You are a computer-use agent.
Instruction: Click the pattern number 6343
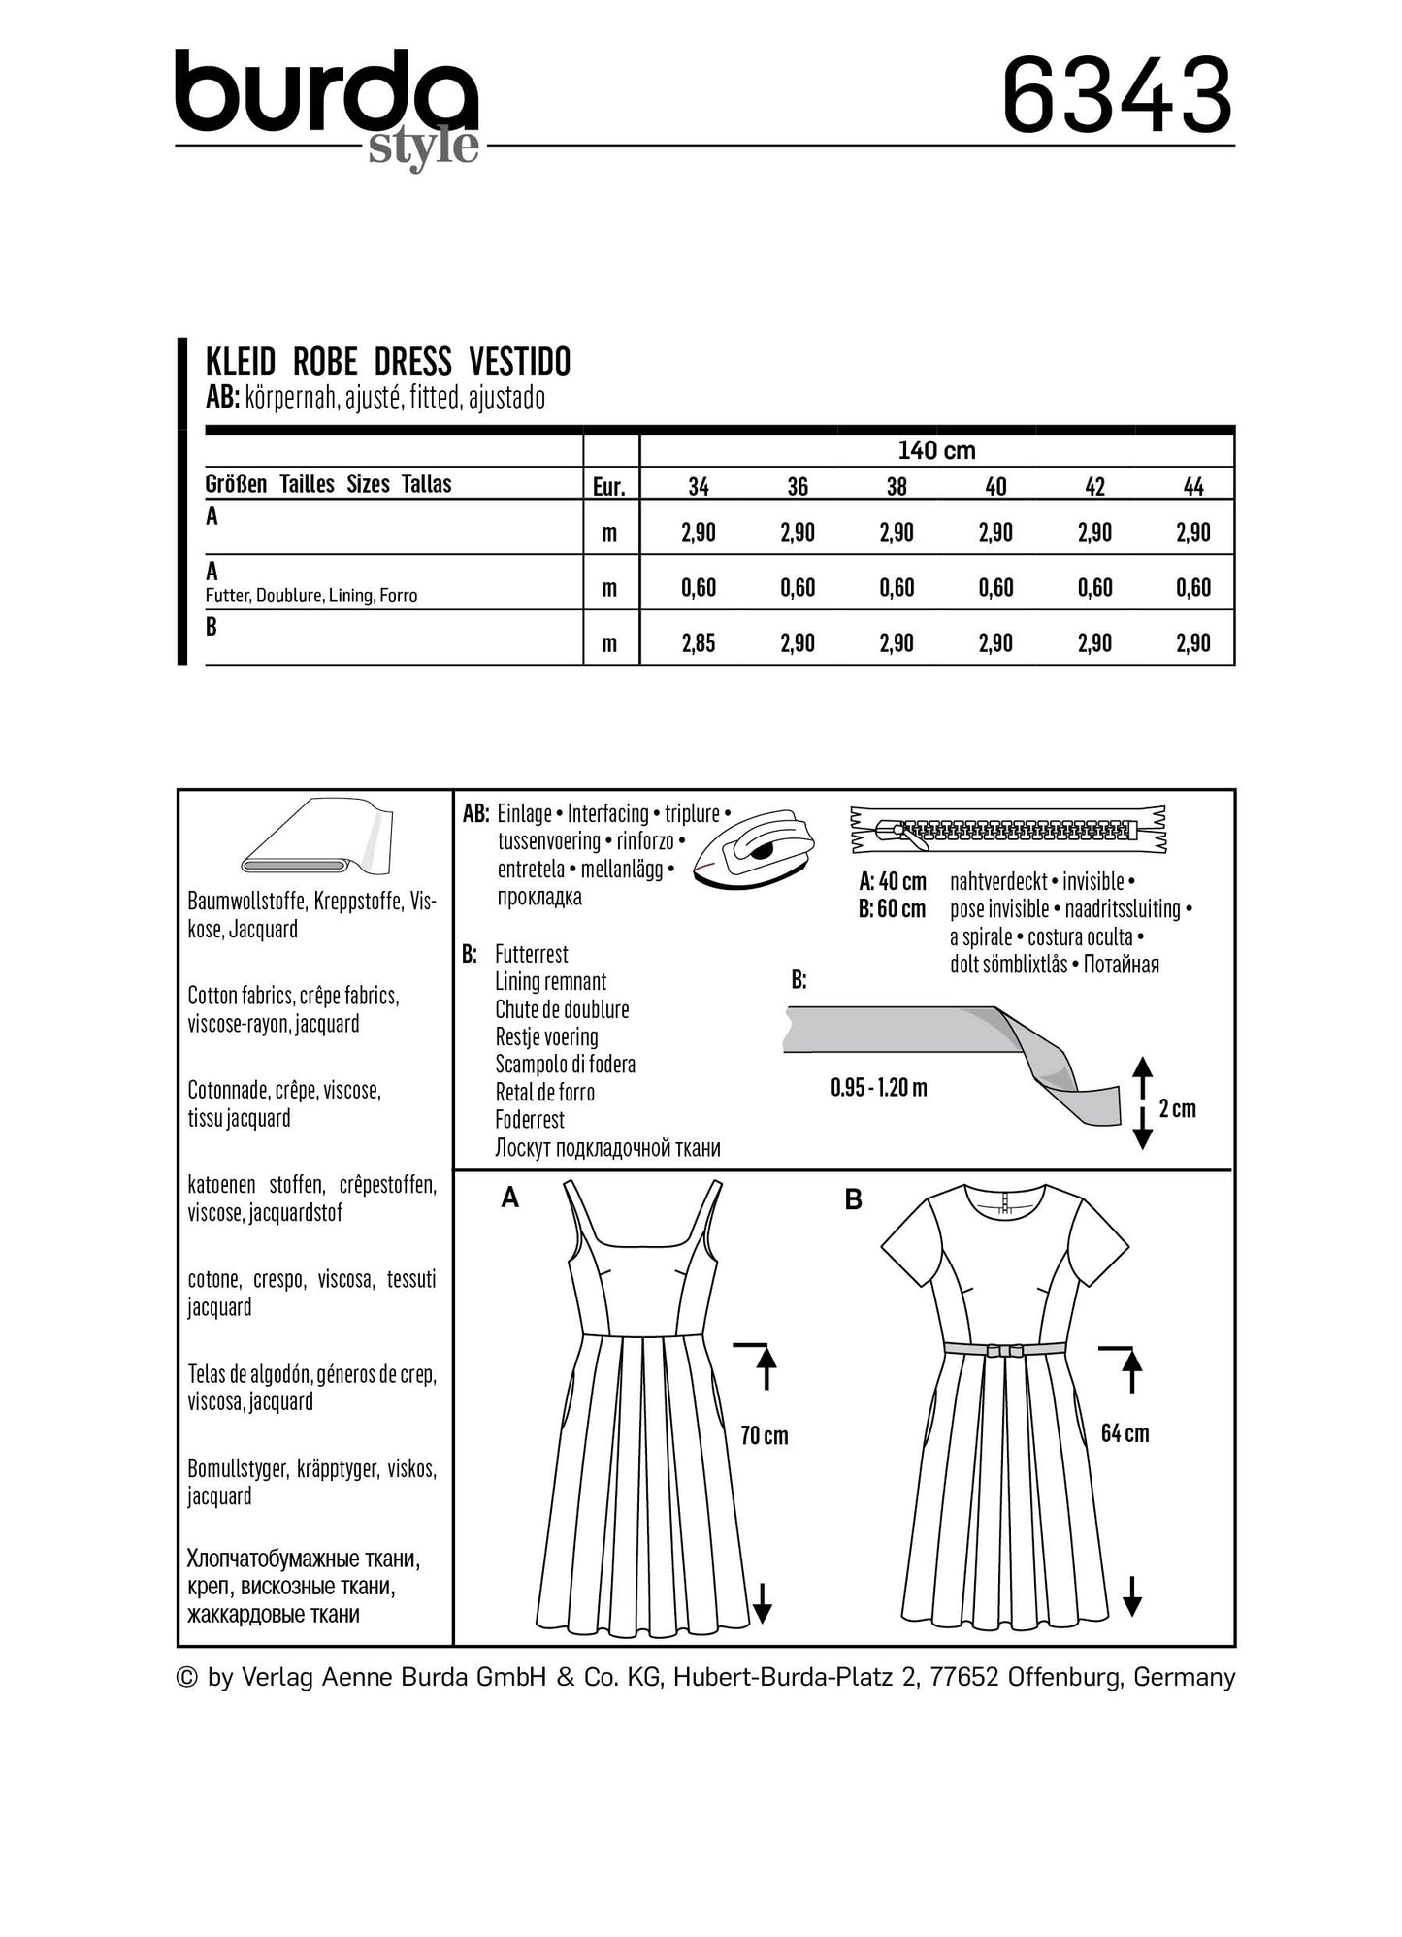pyautogui.click(x=1116, y=96)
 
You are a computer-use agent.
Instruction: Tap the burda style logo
pyautogui.click(x=327, y=105)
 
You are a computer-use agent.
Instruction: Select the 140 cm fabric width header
pyautogui.click(x=936, y=450)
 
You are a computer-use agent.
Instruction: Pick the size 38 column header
pyautogui.click(x=897, y=486)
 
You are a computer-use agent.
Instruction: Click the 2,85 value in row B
pyautogui.click(x=699, y=643)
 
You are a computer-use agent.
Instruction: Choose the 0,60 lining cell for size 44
pyautogui.click(x=1193, y=588)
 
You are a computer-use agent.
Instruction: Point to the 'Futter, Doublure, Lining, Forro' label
pyautogui.click(x=311, y=596)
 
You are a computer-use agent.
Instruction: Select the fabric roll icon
pyautogui.click(x=314, y=837)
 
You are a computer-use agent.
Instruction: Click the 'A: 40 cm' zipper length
pyautogui.click(x=893, y=882)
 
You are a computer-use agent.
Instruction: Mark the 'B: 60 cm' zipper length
pyautogui.click(x=893, y=909)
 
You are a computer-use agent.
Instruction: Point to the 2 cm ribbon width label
pyautogui.click(x=1177, y=1108)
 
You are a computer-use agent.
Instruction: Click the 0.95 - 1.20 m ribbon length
pyautogui.click(x=879, y=1088)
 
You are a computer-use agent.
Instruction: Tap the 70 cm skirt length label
pyautogui.click(x=765, y=1435)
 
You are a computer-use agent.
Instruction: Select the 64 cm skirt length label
pyautogui.click(x=1125, y=1433)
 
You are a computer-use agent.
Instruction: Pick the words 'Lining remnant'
pyautogui.click(x=551, y=982)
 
